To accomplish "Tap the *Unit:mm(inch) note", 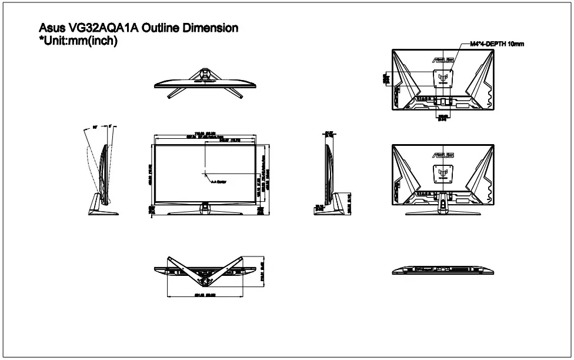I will [78, 41].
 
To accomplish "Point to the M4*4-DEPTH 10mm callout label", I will [496, 44].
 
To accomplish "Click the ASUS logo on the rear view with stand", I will [443, 155].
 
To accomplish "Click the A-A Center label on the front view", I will [218, 181].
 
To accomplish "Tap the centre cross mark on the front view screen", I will [205, 173].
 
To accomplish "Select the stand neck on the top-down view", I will [205, 73].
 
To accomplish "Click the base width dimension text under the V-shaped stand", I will [205, 295].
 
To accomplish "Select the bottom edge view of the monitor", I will [442, 270].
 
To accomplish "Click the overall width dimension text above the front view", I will [205, 133].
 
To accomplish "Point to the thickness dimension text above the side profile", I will [329, 134].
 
